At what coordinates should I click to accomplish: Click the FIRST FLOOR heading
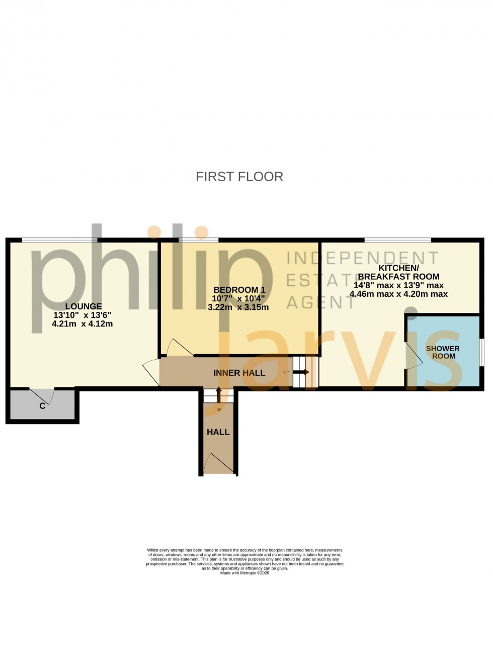click(239, 177)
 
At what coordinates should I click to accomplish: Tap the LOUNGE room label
click(84, 306)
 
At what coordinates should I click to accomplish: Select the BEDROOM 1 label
click(239, 290)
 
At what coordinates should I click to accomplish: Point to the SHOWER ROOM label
click(443, 352)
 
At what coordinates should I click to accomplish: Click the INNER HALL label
click(239, 373)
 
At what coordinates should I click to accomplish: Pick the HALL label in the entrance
click(218, 432)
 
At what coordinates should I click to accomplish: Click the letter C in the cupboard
click(42, 405)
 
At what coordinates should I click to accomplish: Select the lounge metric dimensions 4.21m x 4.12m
click(82, 324)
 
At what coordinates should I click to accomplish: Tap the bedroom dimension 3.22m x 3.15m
click(238, 307)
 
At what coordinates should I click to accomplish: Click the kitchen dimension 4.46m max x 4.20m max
click(398, 294)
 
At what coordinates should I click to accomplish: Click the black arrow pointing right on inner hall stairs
click(302, 372)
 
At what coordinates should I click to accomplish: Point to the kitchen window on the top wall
click(397, 239)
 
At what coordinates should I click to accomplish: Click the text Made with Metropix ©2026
click(244, 573)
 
